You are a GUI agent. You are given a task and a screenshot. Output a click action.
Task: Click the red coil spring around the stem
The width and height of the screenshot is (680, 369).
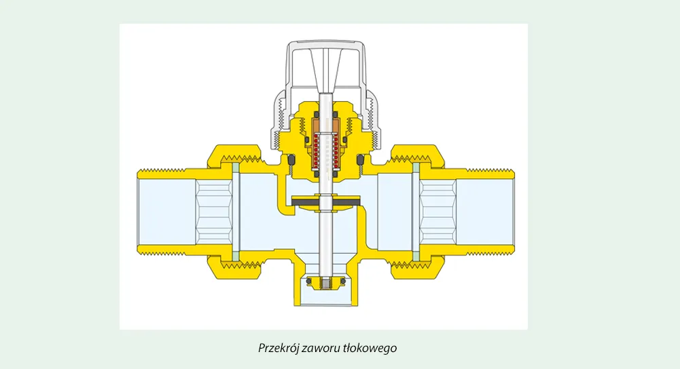(x=325, y=151)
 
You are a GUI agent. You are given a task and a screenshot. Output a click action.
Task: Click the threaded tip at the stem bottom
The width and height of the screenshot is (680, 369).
(x=325, y=284)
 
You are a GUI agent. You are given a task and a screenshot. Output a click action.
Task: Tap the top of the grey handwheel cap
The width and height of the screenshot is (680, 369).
(x=325, y=43)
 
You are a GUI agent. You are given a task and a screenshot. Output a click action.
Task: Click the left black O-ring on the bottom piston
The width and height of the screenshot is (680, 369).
(x=308, y=281)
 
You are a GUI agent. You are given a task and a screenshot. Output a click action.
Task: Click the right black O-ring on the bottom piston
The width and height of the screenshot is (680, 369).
(x=343, y=281)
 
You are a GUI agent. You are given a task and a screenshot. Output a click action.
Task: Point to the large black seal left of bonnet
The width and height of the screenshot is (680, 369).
(x=291, y=161)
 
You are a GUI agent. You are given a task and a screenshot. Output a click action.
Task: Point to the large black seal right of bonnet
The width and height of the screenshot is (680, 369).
(x=361, y=161)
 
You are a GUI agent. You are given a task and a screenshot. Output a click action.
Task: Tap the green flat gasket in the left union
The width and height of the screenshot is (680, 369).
(x=236, y=212)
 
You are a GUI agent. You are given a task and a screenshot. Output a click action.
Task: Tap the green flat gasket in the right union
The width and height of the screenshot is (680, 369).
(x=416, y=212)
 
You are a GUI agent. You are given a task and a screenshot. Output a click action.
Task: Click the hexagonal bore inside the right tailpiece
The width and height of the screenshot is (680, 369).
(x=438, y=212)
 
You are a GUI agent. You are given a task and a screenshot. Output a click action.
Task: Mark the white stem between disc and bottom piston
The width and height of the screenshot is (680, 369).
(x=325, y=243)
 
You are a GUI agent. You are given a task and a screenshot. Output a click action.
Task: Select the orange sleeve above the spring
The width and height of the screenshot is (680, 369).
(x=325, y=126)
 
